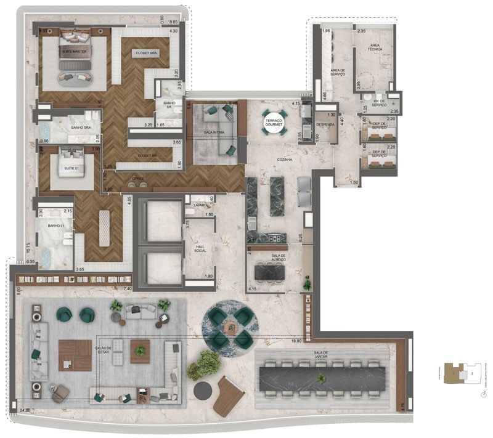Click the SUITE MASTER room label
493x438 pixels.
click(x=74, y=52)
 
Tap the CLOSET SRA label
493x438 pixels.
click(x=147, y=54)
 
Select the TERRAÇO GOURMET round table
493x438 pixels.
click(x=272, y=121)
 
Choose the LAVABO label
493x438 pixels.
click(x=198, y=205)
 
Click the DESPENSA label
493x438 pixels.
click(x=324, y=124)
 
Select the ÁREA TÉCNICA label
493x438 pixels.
click(x=375, y=48)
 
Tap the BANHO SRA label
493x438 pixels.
click(x=81, y=128)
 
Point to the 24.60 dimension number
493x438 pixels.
click(x=25, y=410)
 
